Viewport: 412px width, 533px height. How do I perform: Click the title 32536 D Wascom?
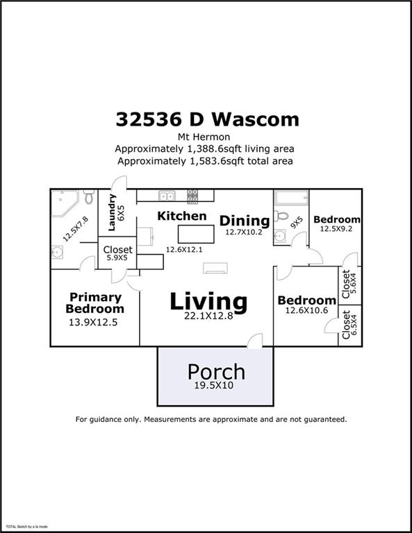click(207, 119)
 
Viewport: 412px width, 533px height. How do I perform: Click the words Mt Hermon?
click(206, 137)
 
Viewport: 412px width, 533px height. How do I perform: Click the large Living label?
click(208, 301)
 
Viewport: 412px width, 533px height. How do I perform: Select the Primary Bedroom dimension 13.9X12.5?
click(95, 322)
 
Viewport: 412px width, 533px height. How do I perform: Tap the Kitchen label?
click(182, 216)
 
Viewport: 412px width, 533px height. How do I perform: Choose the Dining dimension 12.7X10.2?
click(243, 232)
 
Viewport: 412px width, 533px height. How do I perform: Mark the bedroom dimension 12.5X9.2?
click(336, 228)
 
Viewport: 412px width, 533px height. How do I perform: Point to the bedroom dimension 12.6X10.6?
click(306, 312)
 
